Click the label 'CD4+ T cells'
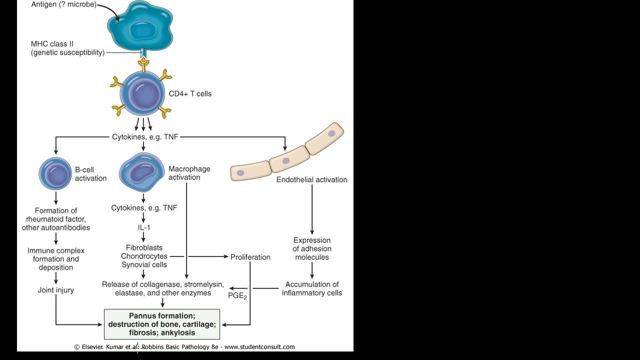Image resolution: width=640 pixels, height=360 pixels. [190, 93]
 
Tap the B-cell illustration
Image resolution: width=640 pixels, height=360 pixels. [55, 173]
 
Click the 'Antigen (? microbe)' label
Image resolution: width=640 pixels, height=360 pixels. [63, 5]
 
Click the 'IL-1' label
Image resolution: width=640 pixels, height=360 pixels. [143, 227]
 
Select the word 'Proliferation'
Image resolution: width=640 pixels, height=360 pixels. [250, 257]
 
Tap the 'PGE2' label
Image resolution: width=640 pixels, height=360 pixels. [238, 296]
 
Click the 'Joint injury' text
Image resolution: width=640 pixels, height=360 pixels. [56, 290]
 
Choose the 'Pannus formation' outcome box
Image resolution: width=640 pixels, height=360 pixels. [162, 324]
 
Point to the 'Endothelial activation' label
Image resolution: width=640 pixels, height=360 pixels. [311, 179]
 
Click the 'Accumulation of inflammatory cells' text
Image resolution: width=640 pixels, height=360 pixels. [312, 288]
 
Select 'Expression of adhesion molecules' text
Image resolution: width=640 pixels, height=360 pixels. [312, 248]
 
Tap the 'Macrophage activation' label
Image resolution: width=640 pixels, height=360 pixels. [189, 173]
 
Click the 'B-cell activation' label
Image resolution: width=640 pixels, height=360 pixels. [90, 173]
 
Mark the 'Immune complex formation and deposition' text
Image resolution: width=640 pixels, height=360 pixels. [56, 259]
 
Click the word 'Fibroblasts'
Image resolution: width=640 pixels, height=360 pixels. [144, 247]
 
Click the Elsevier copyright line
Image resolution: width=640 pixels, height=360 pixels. [184, 347]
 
